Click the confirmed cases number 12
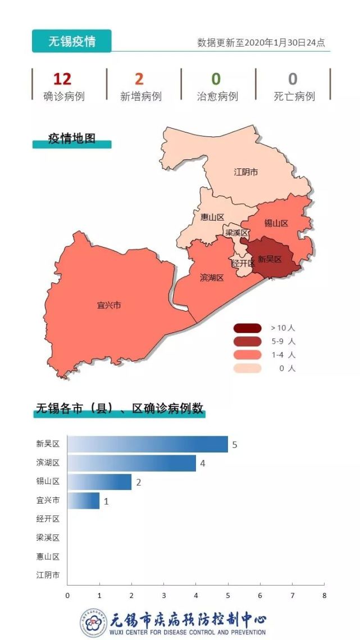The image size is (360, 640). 62,79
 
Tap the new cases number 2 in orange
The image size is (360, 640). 139,79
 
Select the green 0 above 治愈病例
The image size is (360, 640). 216,79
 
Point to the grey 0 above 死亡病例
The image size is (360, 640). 293,79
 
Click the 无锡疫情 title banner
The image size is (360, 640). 71,42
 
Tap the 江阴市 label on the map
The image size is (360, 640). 246,172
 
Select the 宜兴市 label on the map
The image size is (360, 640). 109,305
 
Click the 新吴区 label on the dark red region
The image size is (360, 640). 269,259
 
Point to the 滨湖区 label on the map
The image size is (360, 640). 212,277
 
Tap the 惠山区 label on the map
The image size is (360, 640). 212,217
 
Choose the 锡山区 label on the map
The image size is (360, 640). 276,223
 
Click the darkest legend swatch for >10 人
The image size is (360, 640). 248,328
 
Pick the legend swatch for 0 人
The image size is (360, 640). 248,368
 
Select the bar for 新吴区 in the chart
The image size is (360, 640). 148,444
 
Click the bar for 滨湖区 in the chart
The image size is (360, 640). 131,463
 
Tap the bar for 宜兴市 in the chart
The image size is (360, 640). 83,501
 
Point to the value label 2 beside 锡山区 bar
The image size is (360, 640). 138,482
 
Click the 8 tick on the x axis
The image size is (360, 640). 323,595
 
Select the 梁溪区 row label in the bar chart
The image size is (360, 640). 48,538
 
